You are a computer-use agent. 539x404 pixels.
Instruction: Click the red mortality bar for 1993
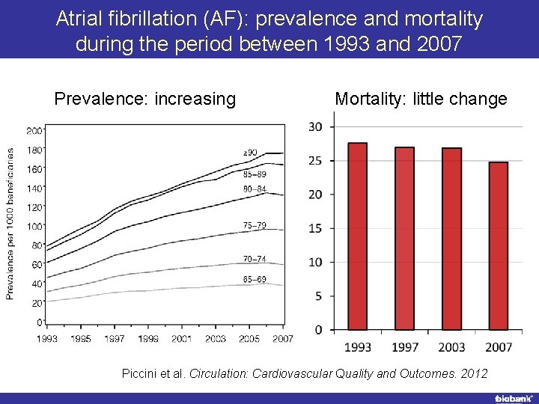(x=358, y=236)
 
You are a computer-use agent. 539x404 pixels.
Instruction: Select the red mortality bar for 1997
(x=404, y=239)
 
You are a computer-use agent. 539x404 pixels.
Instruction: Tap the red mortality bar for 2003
(x=451, y=239)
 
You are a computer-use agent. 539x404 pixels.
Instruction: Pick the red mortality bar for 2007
(x=498, y=246)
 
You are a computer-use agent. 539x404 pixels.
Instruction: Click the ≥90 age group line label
(x=250, y=153)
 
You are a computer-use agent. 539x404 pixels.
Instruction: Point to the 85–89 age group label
(x=255, y=174)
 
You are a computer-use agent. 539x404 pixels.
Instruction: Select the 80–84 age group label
(x=255, y=189)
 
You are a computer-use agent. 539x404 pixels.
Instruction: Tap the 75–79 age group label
(x=255, y=224)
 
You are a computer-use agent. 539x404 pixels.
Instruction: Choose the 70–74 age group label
(x=255, y=259)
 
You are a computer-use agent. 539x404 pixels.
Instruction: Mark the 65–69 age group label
(x=255, y=279)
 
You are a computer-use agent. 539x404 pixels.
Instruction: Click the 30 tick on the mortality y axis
(x=316, y=126)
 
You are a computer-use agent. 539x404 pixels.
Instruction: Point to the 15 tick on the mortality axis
(x=316, y=228)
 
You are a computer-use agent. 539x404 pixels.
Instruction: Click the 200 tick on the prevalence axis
(x=34, y=131)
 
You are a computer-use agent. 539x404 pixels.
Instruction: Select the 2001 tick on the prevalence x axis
(x=181, y=339)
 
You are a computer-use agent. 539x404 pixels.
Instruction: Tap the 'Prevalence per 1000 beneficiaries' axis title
(x=10, y=223)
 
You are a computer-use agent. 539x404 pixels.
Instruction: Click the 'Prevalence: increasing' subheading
(x=145, y=99)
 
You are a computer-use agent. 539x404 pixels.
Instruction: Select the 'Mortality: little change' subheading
(x=421, y=99)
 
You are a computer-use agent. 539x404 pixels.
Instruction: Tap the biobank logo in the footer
(x=512, y=398)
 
